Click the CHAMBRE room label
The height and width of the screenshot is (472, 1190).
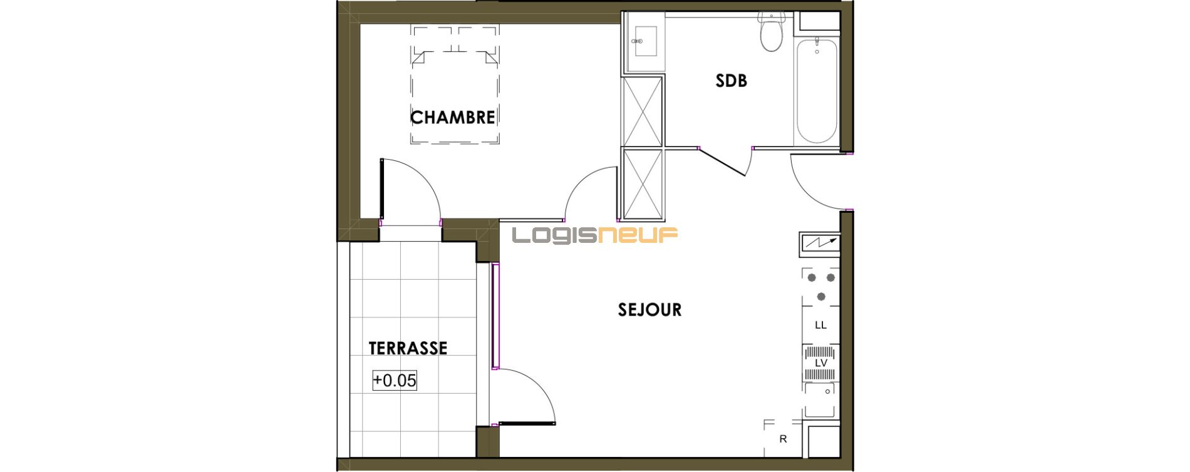tap(452, 117)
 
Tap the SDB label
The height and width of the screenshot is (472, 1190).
tap(731, 80)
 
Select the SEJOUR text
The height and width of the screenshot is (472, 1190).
tap(649, 309)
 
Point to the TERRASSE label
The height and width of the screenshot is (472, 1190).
tap(408, 348)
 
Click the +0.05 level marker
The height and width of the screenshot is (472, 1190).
tap(395, 380)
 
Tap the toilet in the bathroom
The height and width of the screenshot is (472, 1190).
tap(771, 31)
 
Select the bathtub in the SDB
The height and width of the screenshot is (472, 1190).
tap(817, 91)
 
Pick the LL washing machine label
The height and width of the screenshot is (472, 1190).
tap(820, 325)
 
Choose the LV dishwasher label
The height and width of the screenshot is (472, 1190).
tap(820, 363)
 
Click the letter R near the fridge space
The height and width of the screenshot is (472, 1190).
tap(783, 439)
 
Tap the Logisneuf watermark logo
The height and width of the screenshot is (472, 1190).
tap(595, 235)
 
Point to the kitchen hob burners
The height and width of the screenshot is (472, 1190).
tap(821, 286)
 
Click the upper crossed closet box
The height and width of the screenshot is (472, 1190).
tap(643, 111)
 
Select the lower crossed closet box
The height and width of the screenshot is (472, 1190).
tap(643, 184)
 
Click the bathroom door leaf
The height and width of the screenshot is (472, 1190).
tap(722, 162)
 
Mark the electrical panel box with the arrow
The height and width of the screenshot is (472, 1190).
tap(820, 242)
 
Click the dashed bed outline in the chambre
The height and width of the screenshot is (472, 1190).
tap(455, 84)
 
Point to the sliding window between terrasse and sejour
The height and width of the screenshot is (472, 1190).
tap(495, 316)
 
